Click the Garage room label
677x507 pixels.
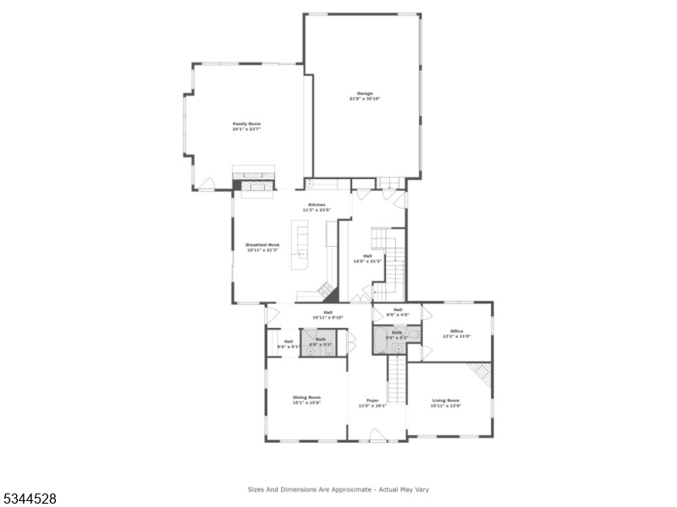(x=365, y=93)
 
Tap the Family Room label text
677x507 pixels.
(x=246, y=124)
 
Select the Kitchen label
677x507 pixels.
(x=316, y=204)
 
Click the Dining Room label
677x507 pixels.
(x=306, y=397)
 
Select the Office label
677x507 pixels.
(x=456, y=330)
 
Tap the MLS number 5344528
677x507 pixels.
(x=30, y=499)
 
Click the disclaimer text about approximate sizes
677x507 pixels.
(x=343, y=488)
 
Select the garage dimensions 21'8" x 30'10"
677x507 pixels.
(x=365, y=99)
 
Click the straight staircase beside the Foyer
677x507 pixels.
(x=397, y=380)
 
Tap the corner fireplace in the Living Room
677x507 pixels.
(x=481, y=373)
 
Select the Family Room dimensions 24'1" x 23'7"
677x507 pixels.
(x=246, y=130)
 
